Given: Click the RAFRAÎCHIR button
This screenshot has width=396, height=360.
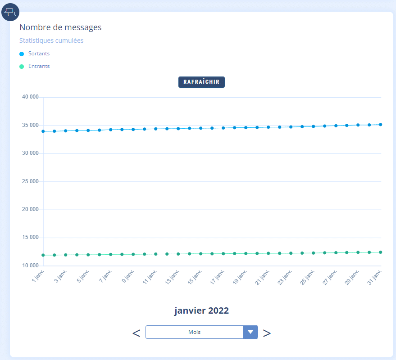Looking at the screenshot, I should click(201, 82).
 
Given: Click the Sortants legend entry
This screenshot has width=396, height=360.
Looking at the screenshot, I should click(39, 54).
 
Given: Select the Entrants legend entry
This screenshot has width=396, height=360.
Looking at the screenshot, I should click(39, 66).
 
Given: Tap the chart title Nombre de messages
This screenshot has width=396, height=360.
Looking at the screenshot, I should click(60, 27).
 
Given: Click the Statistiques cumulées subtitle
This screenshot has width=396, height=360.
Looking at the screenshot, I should click(51, 40).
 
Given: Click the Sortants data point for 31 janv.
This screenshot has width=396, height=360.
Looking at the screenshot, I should click(381, 125).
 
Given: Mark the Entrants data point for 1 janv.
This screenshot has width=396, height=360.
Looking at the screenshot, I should click(43, 255).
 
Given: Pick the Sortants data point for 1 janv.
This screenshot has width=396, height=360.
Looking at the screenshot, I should click(43, 131).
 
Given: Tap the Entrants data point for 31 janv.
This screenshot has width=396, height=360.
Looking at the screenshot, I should click(381, 252).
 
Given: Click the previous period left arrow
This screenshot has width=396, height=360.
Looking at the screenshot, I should click(136, 333).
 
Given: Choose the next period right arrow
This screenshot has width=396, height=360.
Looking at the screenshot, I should click(267, 333).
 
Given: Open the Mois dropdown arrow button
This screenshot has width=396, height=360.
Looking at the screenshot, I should click(250, 332).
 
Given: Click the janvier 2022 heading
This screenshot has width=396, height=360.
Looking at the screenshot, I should click(201, 310).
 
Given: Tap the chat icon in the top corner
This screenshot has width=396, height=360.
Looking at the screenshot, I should click(10, 12).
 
